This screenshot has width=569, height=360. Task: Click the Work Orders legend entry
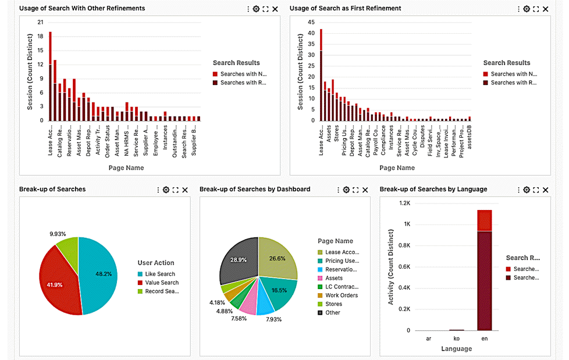(x=342, y=295)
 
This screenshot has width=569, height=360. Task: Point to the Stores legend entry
(x=333, y=304)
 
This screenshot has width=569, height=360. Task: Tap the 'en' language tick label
(x=485, y=338)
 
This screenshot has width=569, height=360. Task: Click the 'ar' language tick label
(x=429, y=338)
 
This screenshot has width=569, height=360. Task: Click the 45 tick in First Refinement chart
(x=311, y=22)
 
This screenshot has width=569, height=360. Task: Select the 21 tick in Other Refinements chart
(x=40, y=22)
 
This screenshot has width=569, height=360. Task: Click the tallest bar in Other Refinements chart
(x=50, y=76)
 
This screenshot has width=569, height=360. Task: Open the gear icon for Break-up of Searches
(x=166, y=190)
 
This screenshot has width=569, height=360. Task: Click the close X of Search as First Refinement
(x=546, y=9)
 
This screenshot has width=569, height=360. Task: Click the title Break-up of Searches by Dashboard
(x=255, y=189)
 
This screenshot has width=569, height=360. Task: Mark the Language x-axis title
(x=457, y=349)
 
